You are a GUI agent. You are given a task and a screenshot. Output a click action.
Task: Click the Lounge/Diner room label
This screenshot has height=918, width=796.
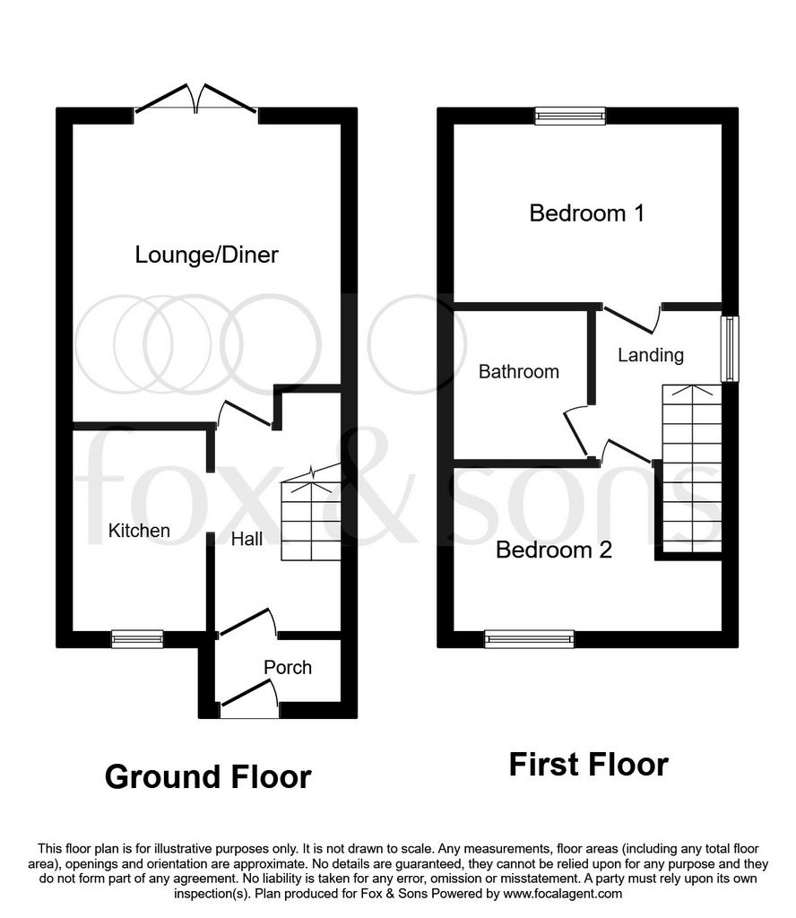pyautogui.click(x=206, y=255)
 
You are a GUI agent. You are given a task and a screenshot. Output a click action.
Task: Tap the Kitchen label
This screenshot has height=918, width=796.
pyautogui.click(x=139, y=531)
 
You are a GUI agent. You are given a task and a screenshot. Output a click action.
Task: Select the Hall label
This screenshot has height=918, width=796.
pyautogui.click(x=247, y=539)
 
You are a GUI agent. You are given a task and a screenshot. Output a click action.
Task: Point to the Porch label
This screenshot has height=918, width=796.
pyautogui.click(x=288, y=667)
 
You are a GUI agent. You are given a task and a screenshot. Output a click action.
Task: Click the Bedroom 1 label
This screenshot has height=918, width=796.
pyautogui.click(x=586, y=213)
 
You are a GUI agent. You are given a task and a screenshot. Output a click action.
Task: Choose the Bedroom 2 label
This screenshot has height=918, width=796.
pyautogui.click(x=554, y=550)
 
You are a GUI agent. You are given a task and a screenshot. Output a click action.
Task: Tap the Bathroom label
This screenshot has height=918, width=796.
pyautogui.click(x=519, y=372)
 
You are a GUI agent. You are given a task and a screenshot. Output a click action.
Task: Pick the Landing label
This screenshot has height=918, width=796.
pyautogui.click(x=651, y=355)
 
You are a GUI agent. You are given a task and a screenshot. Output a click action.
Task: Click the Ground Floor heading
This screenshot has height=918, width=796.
pyautogui.click(x=208, y=777)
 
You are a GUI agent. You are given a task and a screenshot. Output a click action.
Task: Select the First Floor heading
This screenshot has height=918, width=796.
pyautogui.click(x=589, y=765)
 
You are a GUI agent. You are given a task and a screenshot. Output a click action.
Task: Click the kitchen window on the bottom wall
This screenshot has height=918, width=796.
pyautogui.click(x=137, y=639)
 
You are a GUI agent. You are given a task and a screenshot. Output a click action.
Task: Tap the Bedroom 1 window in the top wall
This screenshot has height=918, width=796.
pyautogui.click(x=570, y=116)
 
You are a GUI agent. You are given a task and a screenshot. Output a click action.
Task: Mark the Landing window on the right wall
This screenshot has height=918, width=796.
pyautogui.click(x=730, y=349)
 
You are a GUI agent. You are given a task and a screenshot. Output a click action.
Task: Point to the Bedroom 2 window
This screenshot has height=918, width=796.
pyautogui.click(x=530, y=639)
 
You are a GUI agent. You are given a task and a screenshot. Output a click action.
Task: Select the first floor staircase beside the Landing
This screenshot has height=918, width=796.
pyautogui.click(x=692, y=468)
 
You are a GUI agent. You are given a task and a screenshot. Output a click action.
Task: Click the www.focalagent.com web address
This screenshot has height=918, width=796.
pyautogui.click(x=562, y=894)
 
